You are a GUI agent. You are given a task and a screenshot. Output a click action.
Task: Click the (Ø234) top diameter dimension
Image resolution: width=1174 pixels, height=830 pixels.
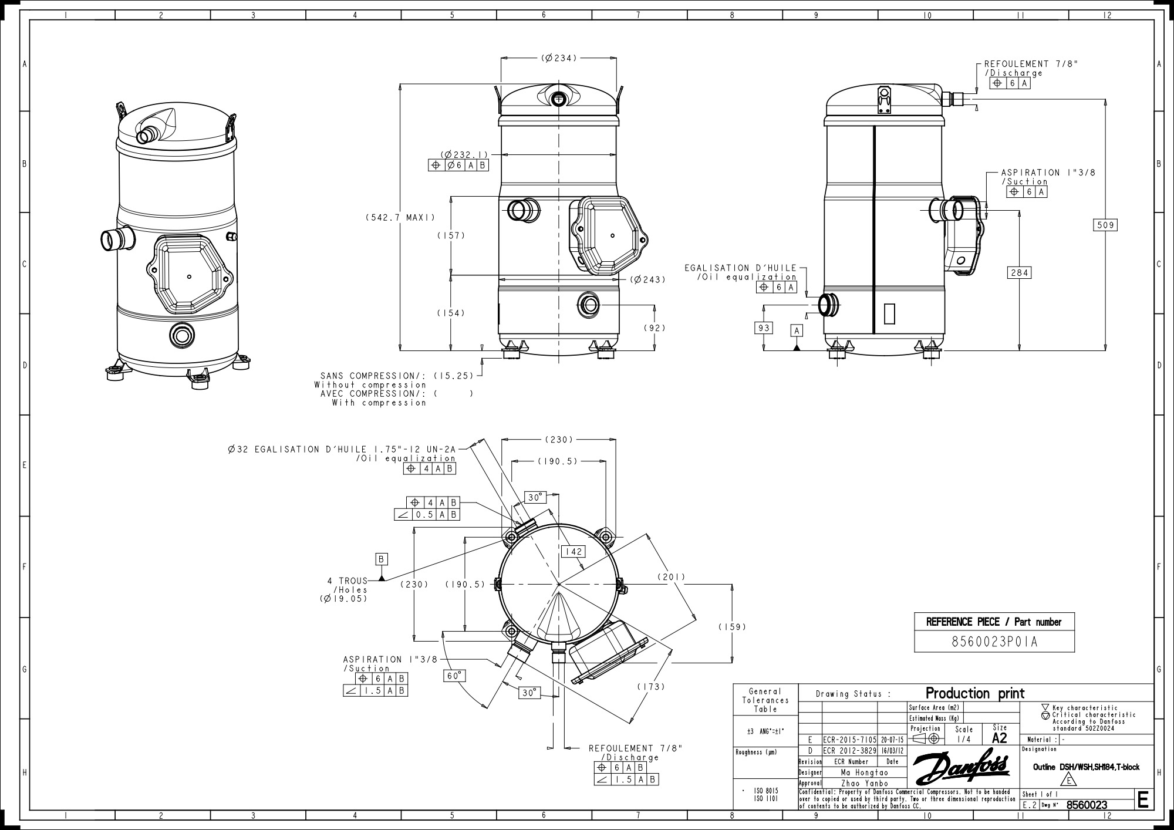tap(559, 58)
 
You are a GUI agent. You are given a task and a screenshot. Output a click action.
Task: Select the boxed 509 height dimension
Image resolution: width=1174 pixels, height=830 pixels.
tap(1105, 225)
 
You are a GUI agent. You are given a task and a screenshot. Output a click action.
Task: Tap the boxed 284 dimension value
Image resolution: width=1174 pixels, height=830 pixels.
tap(1020, 272)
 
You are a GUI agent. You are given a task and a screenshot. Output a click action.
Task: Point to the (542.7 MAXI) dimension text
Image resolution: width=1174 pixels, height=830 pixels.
tap(400, 217)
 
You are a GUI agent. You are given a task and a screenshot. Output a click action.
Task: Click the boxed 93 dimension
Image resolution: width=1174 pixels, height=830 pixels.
tap(763, 328)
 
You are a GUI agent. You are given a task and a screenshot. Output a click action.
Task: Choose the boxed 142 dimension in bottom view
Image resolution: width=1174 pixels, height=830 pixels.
tap(572, 551)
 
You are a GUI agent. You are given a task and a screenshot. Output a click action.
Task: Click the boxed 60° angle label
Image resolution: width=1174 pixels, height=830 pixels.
tap(454, 676)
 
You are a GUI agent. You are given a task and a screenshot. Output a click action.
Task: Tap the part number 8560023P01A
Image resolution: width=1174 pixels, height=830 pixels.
tap(994, 642)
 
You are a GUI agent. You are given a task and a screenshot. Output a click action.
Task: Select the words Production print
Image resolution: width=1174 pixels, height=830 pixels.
tap(975, 693)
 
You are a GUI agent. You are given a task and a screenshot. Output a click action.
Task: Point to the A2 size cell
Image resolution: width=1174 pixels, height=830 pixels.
tap(999, 738)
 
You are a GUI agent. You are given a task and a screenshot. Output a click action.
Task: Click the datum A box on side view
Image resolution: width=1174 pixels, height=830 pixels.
tap(797, 331)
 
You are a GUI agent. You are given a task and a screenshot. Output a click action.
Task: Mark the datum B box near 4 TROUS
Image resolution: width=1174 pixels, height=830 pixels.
tap(382, 559)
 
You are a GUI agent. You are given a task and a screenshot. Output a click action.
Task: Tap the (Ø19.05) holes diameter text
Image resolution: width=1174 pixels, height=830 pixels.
tap(343, 599)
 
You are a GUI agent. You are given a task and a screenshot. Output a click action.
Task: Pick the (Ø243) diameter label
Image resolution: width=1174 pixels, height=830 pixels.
tap(648, 279)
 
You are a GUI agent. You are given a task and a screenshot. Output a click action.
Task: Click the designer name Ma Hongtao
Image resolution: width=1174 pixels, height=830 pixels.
tap(864, 772)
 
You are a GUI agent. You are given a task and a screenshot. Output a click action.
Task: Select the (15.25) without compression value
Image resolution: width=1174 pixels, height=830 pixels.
tap(453, 376)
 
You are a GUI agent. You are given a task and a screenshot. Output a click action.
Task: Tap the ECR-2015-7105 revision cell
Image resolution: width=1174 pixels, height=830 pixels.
tap(849, 740)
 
